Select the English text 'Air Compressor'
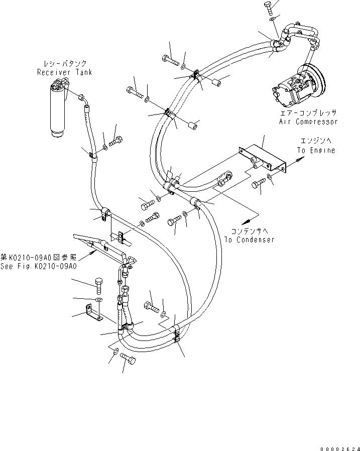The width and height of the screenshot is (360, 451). (308, 122)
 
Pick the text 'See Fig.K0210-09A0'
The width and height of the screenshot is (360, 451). (39, 267)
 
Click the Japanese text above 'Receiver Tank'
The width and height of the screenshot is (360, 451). (64, 64)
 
